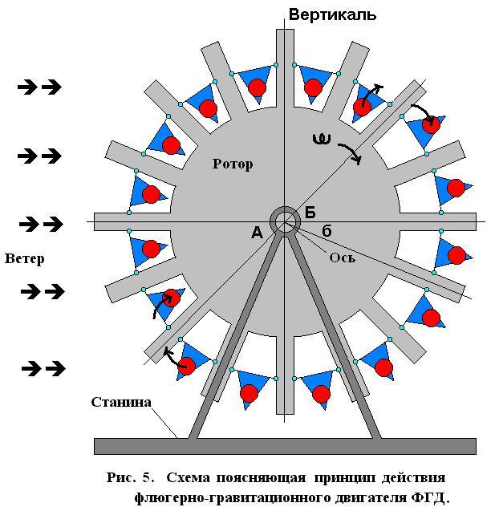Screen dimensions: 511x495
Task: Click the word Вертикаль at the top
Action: (332, 14)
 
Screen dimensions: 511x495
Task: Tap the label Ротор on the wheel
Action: (233, 164)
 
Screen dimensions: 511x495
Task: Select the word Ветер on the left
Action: (24, 258)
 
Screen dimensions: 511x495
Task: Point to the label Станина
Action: (120, 402)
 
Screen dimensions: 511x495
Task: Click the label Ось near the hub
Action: (342, 258)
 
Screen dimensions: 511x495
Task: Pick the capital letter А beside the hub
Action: (257, 233)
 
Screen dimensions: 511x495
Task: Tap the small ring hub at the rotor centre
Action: (285, 221)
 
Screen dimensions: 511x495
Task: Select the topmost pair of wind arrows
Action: (40, 87)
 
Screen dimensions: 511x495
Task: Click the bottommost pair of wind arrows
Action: (43, 368)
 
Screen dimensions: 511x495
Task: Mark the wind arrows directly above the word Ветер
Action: (40, 223)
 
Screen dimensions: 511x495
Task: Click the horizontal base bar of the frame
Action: (285, 446)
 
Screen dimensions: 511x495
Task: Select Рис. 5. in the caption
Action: (132, 477)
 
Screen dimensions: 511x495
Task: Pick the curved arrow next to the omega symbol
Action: (351, 152)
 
